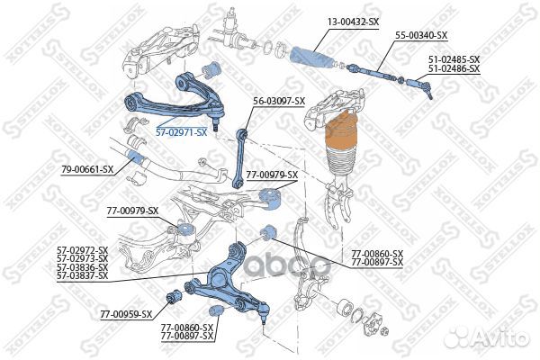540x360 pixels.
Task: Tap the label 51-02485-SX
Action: tap(454, 58)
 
